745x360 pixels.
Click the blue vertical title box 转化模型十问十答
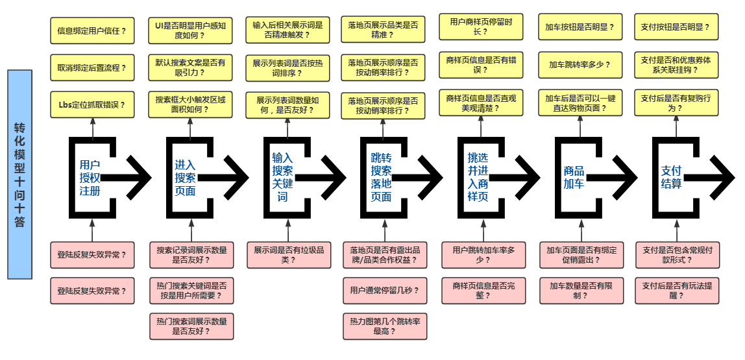tap(19, 174)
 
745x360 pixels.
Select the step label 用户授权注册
tap(90, 177)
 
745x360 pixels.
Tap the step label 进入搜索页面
tap(185, 177)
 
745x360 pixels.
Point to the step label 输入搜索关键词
tap(282, 177)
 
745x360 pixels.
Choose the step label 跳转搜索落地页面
tap(380, 177)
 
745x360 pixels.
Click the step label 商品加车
tap(574, 177)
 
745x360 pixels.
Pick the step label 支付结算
tap(671, 177)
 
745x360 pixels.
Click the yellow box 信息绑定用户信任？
tap(92, 30)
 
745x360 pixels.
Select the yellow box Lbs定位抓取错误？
tap(92, 105)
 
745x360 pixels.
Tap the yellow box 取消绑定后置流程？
tap(92, 67)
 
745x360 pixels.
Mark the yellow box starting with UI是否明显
tap(190, 30)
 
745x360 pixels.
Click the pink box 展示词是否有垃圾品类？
tap(288, 255)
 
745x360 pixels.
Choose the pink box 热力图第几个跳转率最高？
tap(385, 326)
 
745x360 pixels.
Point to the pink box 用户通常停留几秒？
tap(385, 291)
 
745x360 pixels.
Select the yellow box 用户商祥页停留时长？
tap(482, 27)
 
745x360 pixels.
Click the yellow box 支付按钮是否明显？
tap(676, 28)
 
